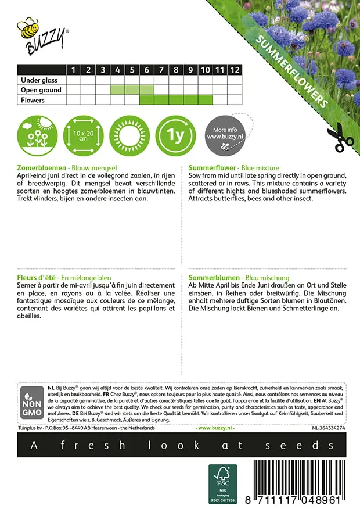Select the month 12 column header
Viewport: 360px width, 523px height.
pyautogui.click(x=234, y=70)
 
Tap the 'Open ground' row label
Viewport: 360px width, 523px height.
pyautogui.click(x=41, y=90)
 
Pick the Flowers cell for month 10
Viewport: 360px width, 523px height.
pyautogui.click(x=205, y=100)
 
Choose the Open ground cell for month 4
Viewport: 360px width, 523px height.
pyautogui.click(x=117, y=90)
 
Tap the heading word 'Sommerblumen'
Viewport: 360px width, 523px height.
pyautogui.click(x=213, y=278)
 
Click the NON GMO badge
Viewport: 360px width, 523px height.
pyautogui.click(x=30, y=404)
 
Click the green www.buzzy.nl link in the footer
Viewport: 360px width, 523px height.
pyautogui.click(x=215, y=428)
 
